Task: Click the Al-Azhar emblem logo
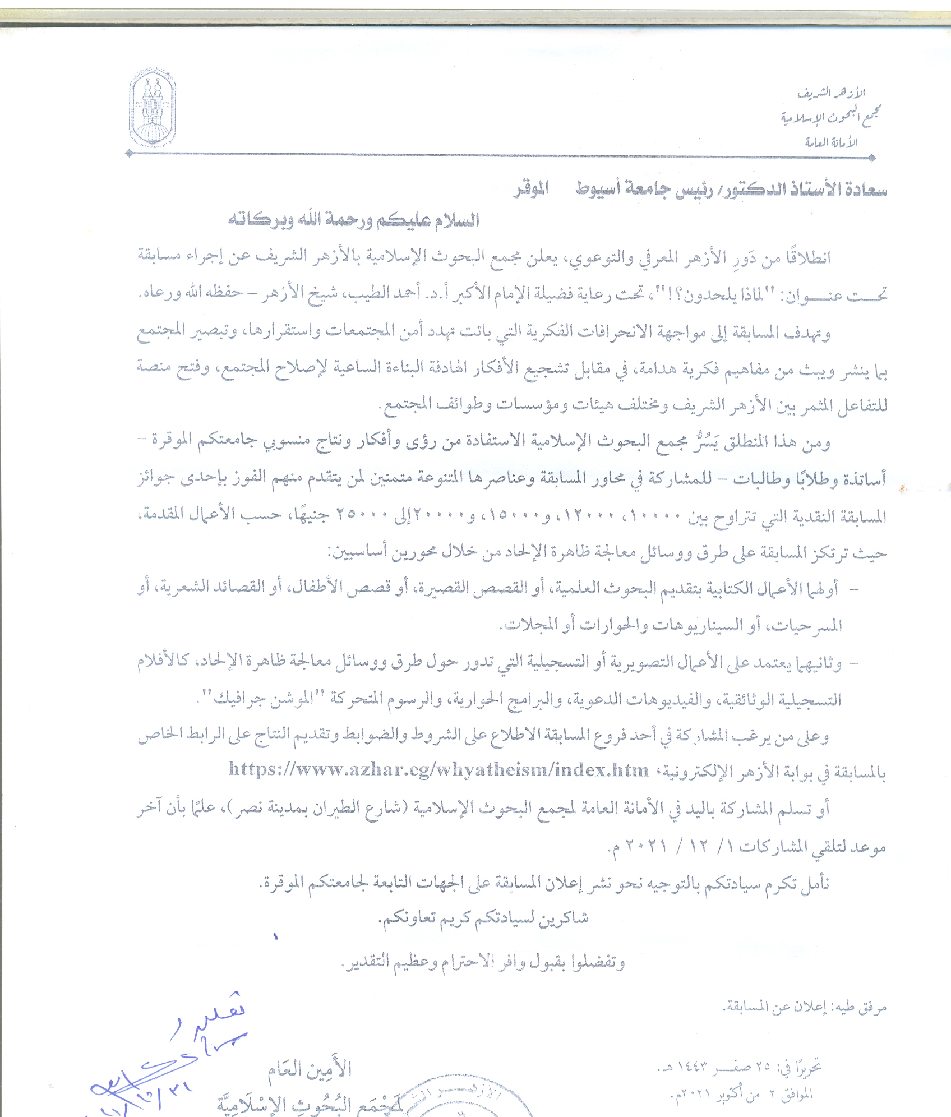[x=153, y=108]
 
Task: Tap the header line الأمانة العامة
[x=831, y=142]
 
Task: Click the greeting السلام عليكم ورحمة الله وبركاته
[x=353, y=219]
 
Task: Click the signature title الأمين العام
[x=310, y=1070]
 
